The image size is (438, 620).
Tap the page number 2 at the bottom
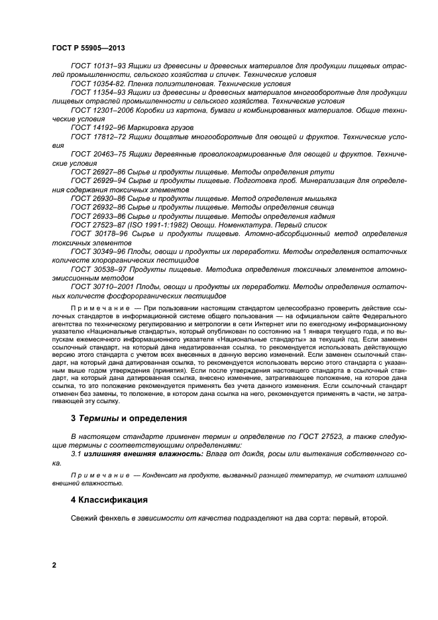click(x=54, y=564)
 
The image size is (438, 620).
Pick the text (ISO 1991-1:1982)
click(x=157, y=225)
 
